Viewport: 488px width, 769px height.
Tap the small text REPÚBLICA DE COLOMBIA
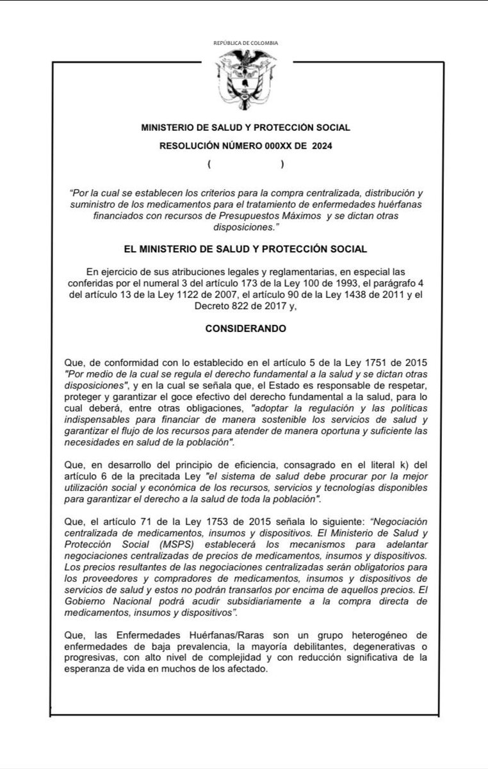(x=246, y=43)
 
